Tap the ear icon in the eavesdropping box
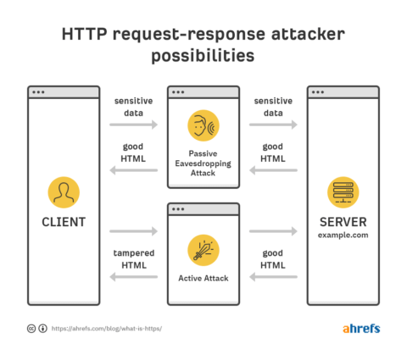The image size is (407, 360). click(203, 125)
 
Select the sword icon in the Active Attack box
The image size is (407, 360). click(203, 249)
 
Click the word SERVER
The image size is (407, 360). click(343, 222)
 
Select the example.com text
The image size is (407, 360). click(343, 235)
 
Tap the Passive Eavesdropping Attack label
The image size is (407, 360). click(203, 161)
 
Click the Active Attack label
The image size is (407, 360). click(203, 278)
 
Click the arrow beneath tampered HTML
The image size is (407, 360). click(134, 277)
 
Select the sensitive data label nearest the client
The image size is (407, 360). click(134, 106)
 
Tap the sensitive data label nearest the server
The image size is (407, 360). click(273, 106)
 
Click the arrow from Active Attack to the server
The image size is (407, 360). click(273, 230)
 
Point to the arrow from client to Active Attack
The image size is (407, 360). click(134, 230)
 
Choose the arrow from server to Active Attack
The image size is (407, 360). click(273, 277)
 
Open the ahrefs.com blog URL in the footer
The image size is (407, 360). click(107, 329)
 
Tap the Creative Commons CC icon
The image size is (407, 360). click(31, 329)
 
